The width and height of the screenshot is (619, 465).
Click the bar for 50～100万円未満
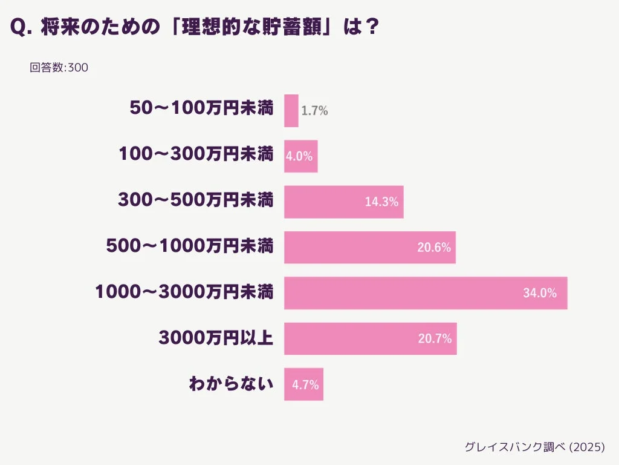(291, 111)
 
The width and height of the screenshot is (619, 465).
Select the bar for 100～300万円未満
(300, 156)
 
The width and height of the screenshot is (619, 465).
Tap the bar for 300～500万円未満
(343, 202)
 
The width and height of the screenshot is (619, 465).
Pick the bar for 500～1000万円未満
(369, 247)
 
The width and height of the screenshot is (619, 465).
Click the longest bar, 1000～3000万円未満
(426, 293)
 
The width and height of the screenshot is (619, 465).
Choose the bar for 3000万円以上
(370, 338)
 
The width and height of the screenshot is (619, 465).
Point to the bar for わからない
(303, 384)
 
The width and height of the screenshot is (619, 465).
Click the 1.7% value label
(314, 111)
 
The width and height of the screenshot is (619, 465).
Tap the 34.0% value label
(539, 293)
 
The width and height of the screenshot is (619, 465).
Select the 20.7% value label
(435, 338)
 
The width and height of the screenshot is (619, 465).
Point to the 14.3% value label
(381, 202)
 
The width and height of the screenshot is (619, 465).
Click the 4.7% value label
(305, 384)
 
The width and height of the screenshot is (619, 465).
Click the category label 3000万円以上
(216, 338)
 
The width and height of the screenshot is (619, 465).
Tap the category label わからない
(231, 384)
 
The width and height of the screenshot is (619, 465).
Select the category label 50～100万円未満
(201, 108)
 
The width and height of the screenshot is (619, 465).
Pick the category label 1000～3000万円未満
(184, 293)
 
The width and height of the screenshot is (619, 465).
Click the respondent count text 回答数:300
(59, 68)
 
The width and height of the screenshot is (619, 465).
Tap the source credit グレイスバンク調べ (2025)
(534, 447)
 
